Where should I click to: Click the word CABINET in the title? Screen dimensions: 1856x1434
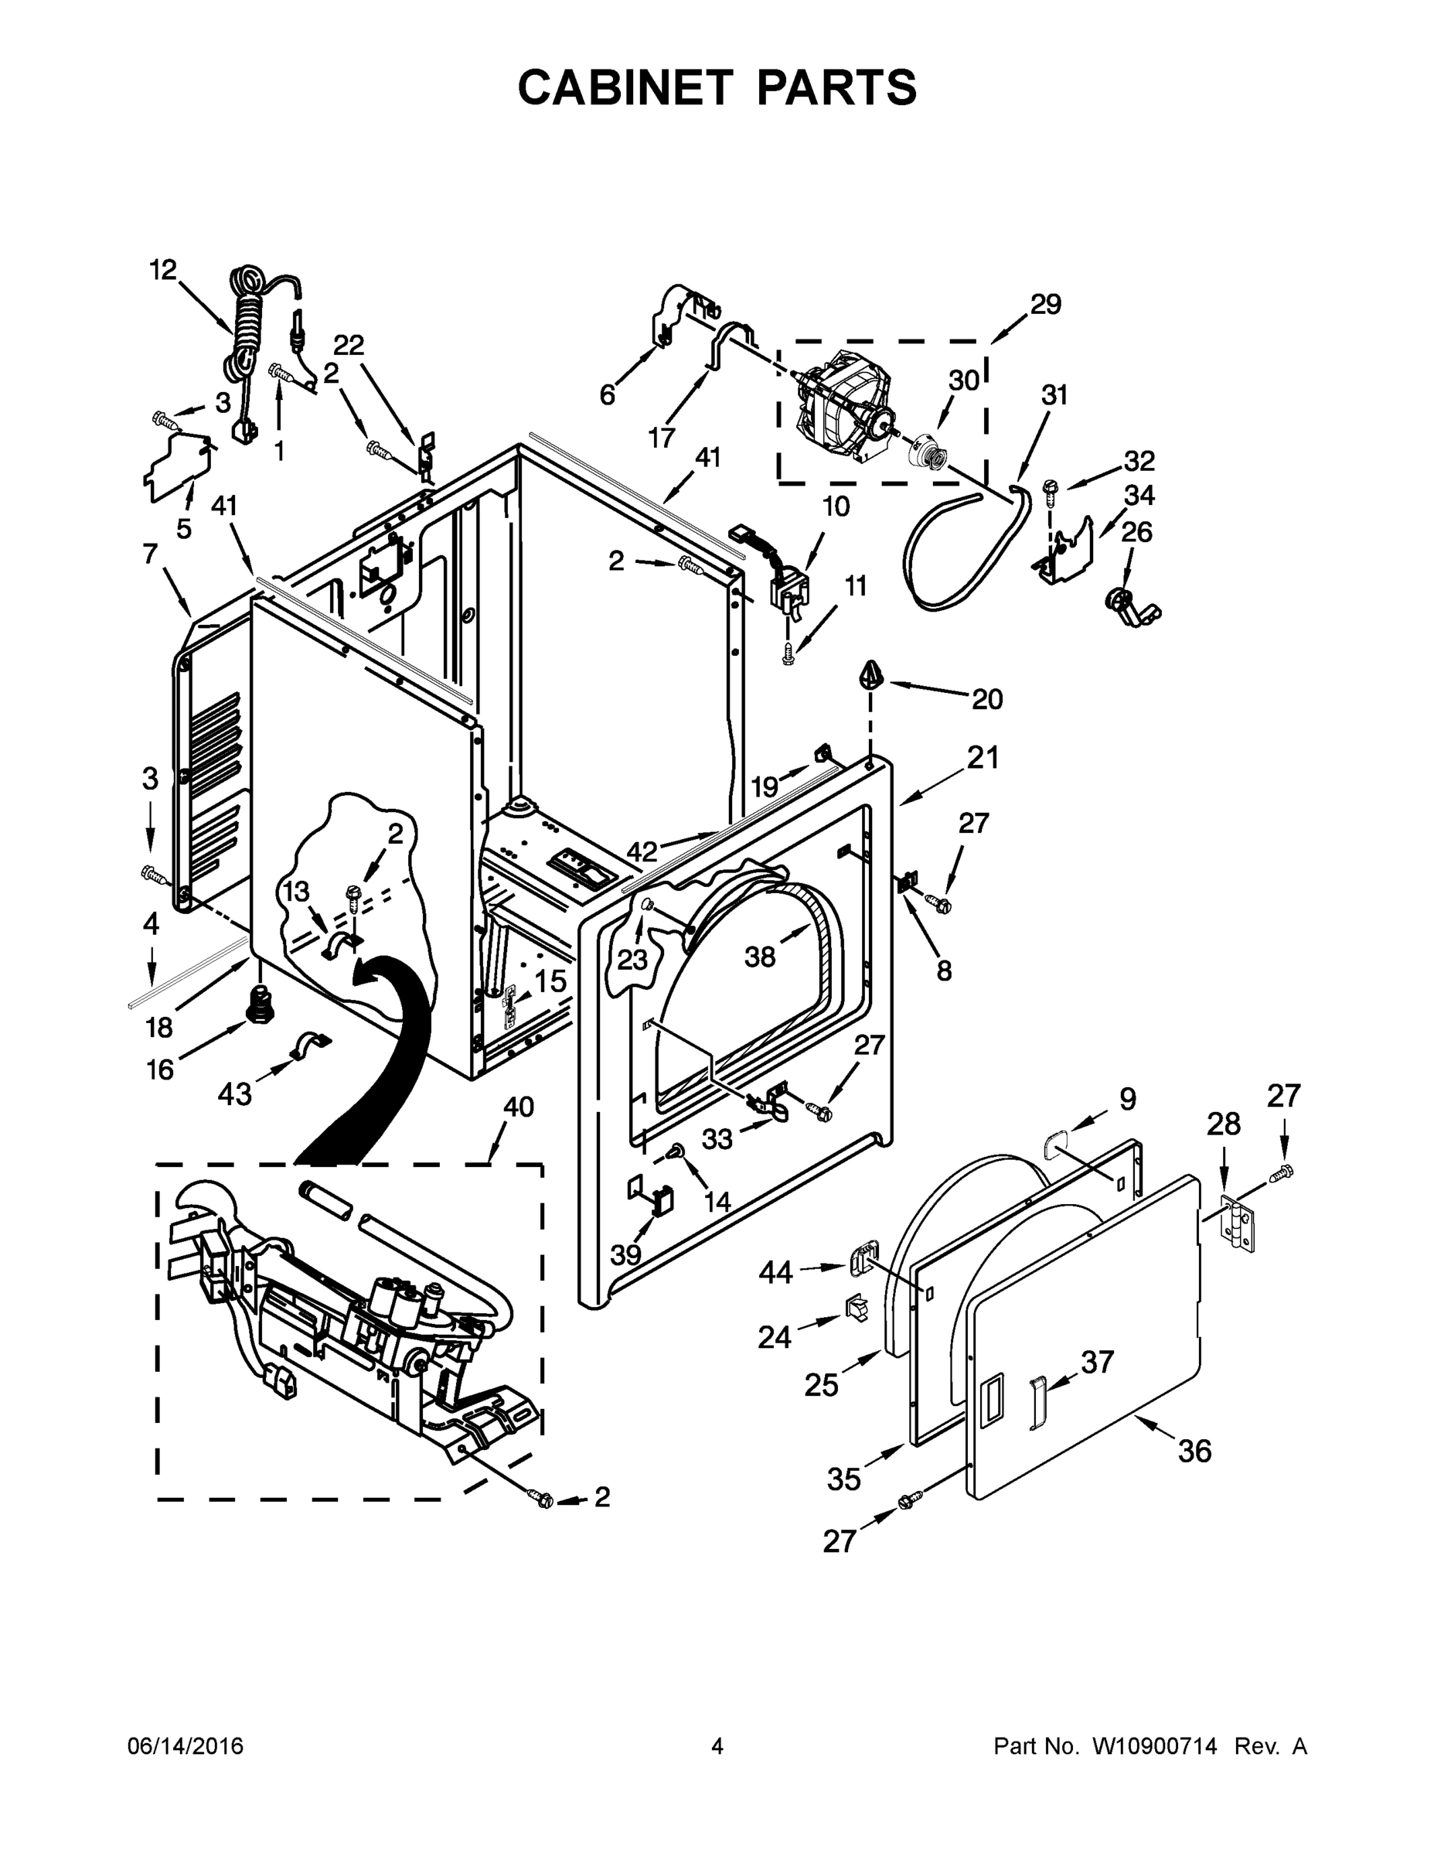point(625,87)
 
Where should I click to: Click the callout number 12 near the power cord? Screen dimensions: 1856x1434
point(162,270)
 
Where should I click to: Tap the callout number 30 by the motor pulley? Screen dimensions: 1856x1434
point(963,380)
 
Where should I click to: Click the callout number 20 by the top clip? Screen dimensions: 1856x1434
point(987,698)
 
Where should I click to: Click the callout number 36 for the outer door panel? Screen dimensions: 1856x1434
point(1194,1452)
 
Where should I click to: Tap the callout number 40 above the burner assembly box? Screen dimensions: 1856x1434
point(518,1107)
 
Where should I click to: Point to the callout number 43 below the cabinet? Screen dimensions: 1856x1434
point(234,1093)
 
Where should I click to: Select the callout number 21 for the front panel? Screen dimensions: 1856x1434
point(983,757)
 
